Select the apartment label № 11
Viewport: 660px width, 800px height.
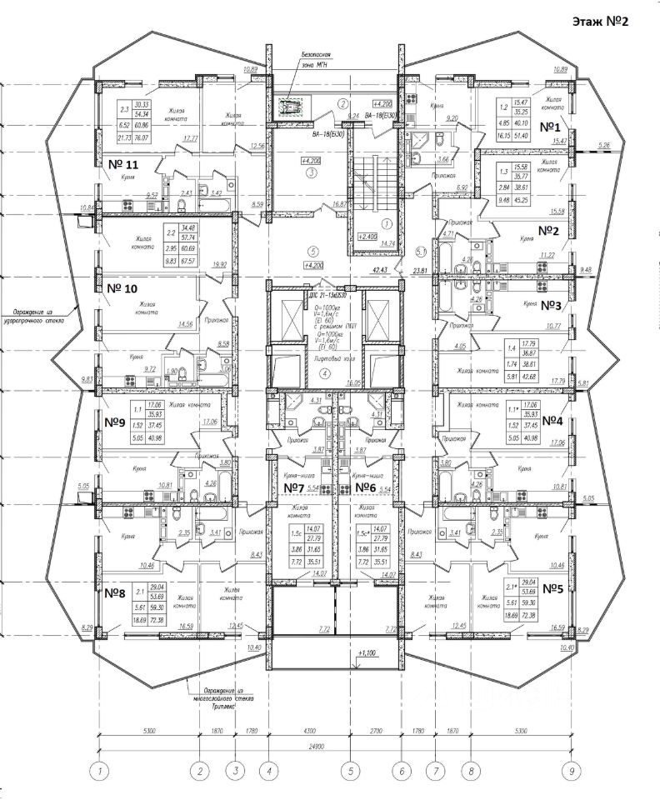click(x=133, y=164)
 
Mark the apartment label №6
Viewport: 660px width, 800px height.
click(x=362, y=487)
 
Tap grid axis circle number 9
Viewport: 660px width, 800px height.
click(x=572, y=771)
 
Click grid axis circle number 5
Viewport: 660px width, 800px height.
click(x=351, y=771)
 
